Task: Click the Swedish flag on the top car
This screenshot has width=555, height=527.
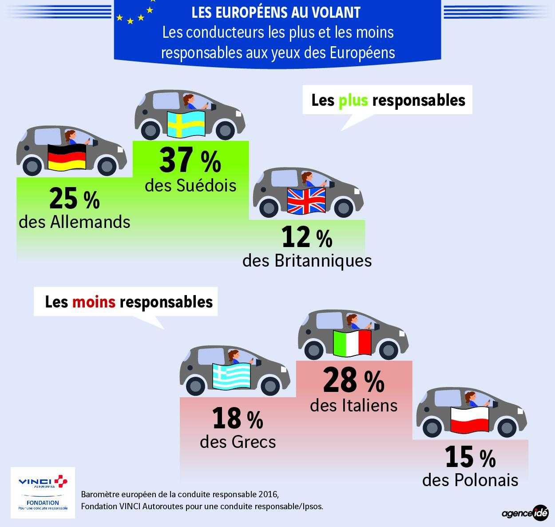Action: tap(186, 124)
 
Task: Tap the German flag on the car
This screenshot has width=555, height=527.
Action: tap(67, 157)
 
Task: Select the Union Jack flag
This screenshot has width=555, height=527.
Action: tap(306, 201)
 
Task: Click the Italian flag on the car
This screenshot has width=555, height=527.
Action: tap(352, 343)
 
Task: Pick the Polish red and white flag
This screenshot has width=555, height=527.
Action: tap(470, 420)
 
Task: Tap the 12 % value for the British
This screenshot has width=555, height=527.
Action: tap(307, 238)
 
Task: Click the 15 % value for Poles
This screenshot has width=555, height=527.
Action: tap(470, 457)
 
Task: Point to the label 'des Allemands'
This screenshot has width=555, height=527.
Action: tap(75, 222)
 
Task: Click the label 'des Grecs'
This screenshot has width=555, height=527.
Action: tap(238, 442)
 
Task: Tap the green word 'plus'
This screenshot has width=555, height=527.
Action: tap(353, 100)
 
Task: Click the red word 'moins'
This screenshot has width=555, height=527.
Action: tap(94, 302)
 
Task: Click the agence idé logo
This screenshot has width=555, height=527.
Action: tap(525, 512)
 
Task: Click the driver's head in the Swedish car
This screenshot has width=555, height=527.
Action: tap(189, 100)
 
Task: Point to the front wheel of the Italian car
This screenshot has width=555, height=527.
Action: tap(388, 350)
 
